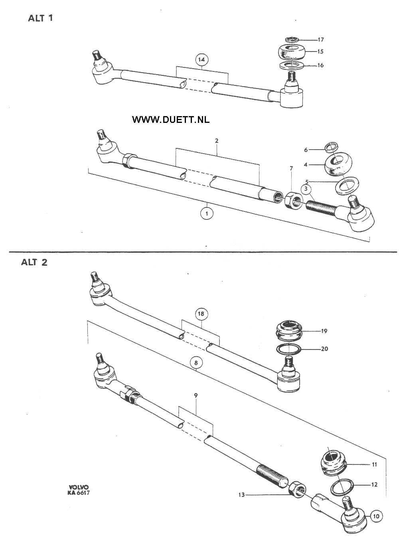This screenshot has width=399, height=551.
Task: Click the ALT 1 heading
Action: (x=40, y=18)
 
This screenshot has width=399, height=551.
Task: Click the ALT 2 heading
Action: (x=34, y=262)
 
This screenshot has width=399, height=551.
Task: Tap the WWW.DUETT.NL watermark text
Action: (x=171, y=120)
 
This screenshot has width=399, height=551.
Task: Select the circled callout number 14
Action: (x=202, y=60)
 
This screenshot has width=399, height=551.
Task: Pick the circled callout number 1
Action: (x=207, y=213)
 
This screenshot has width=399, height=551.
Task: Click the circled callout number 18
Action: (x=201, y=314)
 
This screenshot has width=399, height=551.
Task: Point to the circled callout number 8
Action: (x=196, y=363)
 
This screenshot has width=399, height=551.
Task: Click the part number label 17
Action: (x=321, y=39)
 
